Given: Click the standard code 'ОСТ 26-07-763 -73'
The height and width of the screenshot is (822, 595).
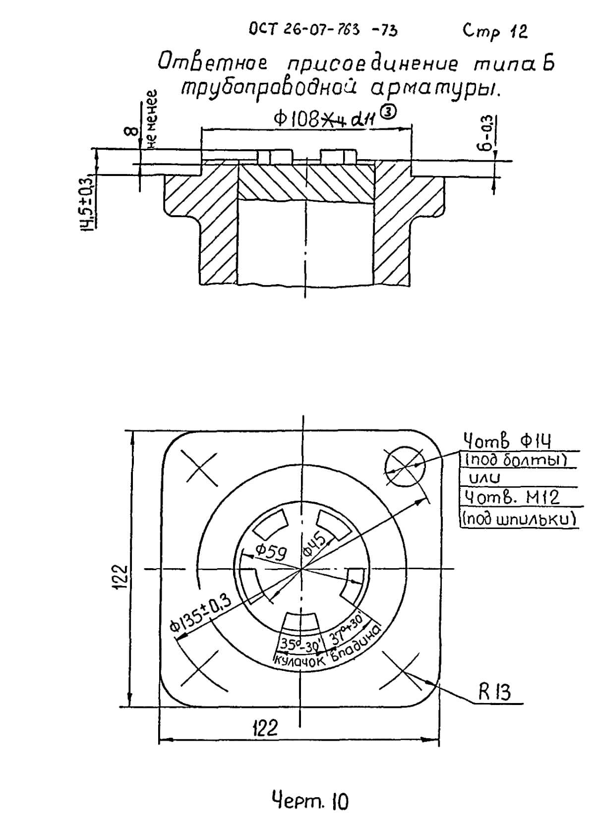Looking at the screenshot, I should pyautogui.click(x=323, y=30).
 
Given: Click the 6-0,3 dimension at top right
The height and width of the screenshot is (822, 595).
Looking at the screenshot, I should pyautogui.click(x=488, y=133).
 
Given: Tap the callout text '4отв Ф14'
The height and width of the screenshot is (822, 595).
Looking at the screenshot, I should pyautogui.click(x=507, y=440).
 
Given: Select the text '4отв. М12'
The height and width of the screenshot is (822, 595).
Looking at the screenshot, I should pyautogui.click(x=511, y=497).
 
